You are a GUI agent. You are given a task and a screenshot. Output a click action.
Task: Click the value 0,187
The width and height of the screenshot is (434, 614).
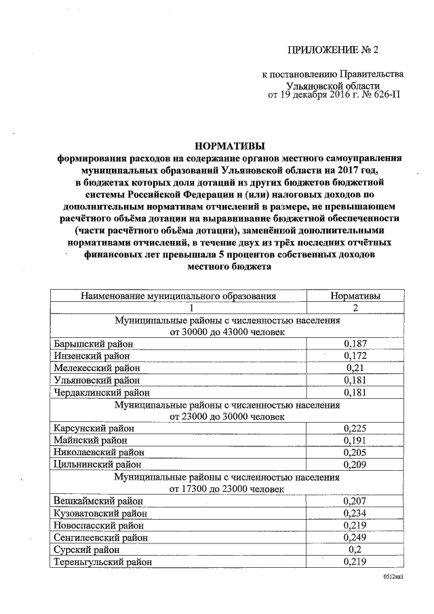click(x=355, y=344)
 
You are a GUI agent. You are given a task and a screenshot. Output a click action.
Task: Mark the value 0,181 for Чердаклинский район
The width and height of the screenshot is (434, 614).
click(x=355, y=392)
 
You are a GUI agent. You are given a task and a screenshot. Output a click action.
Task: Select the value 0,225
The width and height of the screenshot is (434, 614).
click(x=355, y=428)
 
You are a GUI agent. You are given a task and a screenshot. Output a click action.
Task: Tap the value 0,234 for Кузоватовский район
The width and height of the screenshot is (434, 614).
click(x=355, y=513)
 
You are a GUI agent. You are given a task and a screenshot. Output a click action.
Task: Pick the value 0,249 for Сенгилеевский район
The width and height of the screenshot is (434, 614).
click(x=355, y=537)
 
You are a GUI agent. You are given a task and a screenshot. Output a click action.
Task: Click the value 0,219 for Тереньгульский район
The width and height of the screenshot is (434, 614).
click(x=355, y=562)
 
